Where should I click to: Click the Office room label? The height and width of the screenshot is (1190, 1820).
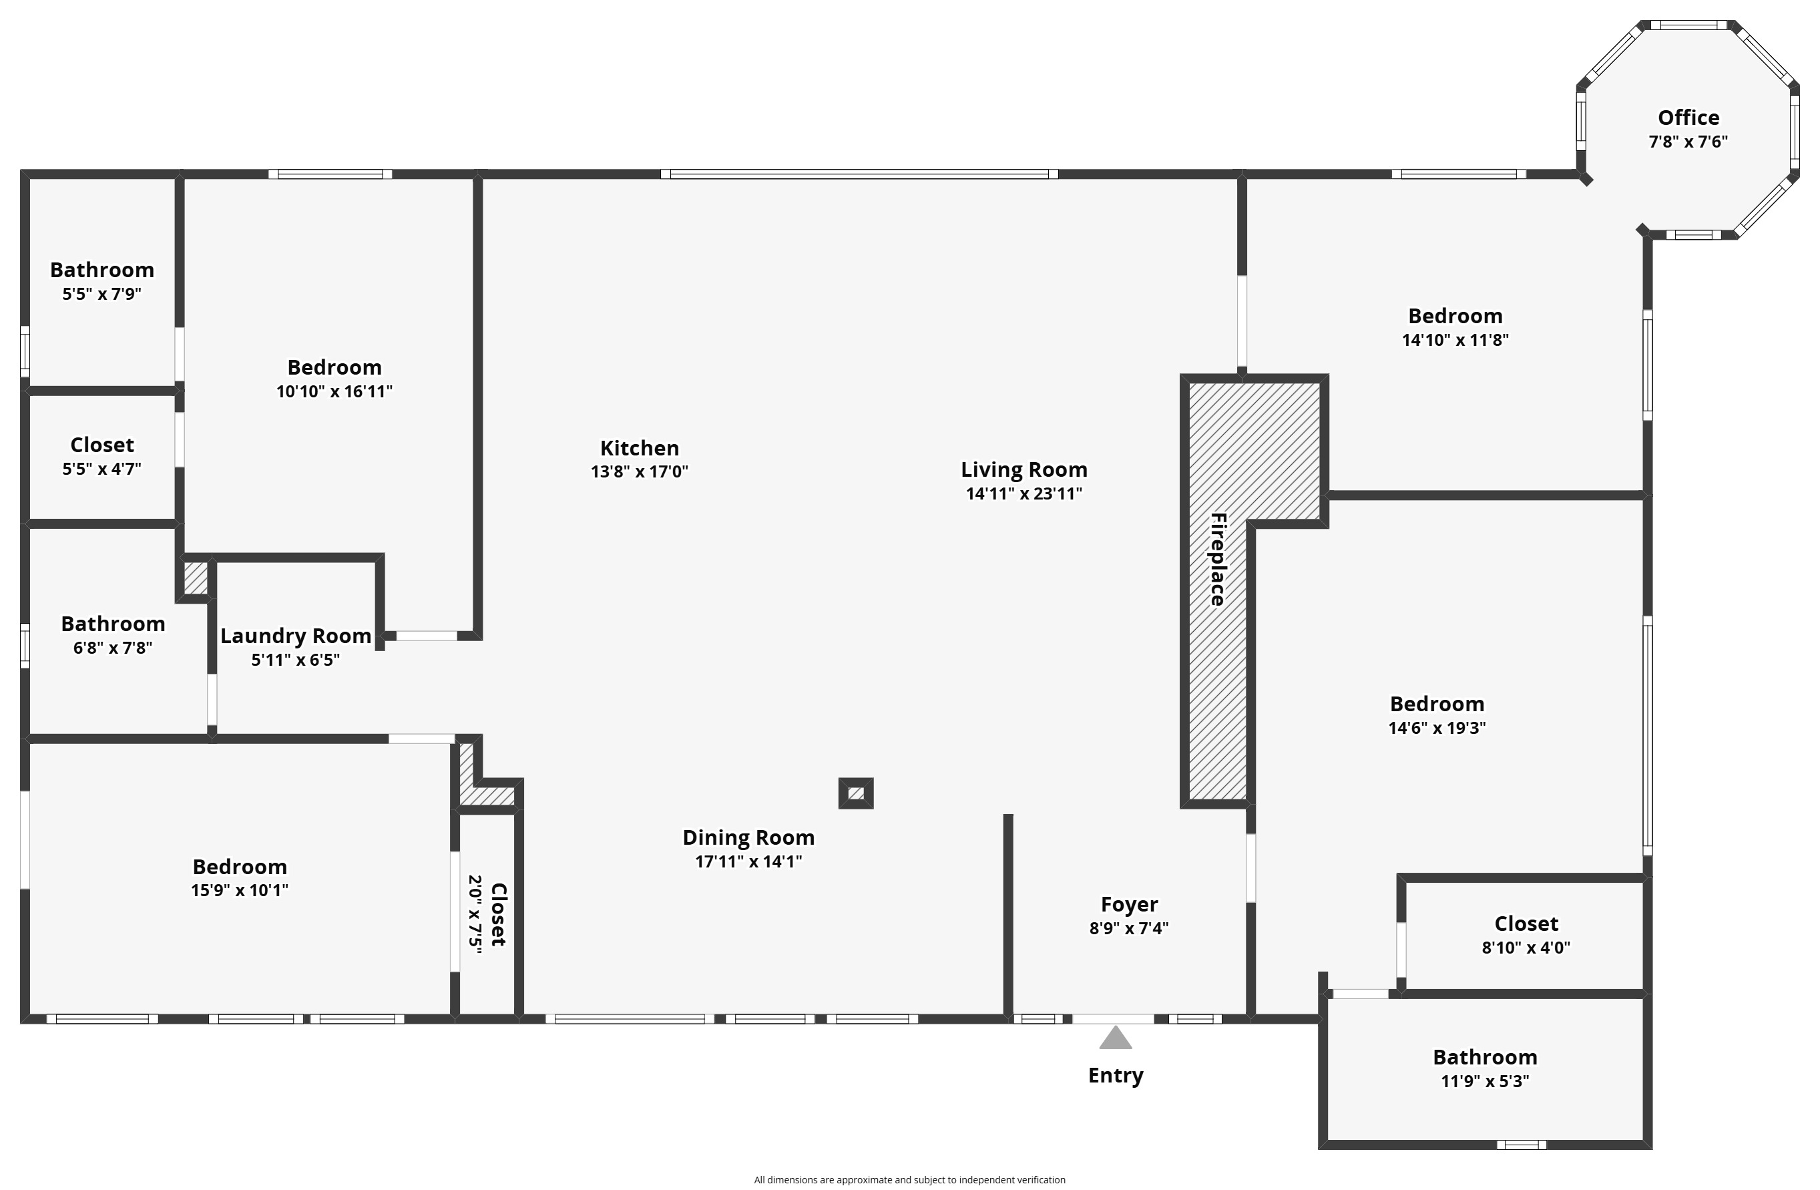[1688, 118]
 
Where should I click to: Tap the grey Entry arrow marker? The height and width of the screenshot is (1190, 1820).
[1116, 1038]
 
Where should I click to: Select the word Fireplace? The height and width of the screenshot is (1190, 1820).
[1218, 559]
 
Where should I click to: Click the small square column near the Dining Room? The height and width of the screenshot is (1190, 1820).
[856, 794]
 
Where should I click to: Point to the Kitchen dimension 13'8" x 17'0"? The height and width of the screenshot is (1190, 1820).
[640, 472]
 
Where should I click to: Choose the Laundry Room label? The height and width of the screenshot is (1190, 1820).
[296, 636]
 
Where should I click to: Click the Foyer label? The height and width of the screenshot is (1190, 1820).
[1130, 905]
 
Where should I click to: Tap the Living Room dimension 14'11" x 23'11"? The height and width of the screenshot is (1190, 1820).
[1024, 494]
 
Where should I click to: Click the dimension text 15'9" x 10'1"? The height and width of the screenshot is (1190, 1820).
[240, 890]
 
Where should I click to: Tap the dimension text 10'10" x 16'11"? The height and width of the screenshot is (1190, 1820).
[334, 391]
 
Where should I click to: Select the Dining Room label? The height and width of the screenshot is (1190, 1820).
[748, 838]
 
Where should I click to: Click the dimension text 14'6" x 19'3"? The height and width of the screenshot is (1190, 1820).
[1437, 728]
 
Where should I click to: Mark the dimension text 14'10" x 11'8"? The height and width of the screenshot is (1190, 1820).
[1455, 341]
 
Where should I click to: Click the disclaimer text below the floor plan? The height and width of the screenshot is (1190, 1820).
[910, 1180]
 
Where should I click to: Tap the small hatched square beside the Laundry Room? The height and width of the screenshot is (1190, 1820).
[196, 578]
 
